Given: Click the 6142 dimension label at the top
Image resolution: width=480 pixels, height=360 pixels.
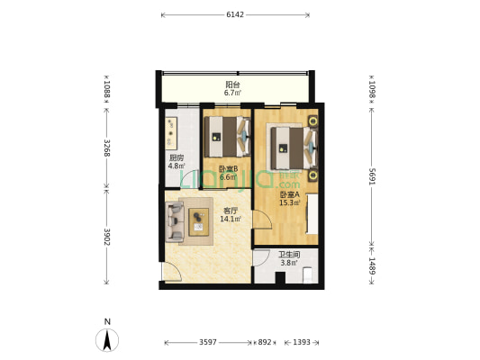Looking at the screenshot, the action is [235, 14].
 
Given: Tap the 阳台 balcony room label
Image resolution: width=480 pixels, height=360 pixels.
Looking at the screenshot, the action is [232, 84].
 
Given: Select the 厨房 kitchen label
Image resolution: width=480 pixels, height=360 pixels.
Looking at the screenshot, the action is [177, 158].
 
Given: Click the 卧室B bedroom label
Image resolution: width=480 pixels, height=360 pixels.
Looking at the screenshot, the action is [228, 169].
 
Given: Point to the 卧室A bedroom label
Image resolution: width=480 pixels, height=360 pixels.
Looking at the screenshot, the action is [289, 194].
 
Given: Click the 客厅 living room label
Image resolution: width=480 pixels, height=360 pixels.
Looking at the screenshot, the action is [231, 211].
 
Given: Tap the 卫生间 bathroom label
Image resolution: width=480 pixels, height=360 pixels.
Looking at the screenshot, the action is [289, 255].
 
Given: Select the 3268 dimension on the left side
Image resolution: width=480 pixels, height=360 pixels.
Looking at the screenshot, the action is [107, 148].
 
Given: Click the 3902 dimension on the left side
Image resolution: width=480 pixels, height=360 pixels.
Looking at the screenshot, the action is [107, 237].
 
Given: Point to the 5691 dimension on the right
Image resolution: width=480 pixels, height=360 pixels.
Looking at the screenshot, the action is [372, 176].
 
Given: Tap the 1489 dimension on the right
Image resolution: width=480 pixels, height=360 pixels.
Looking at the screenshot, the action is [372, 265].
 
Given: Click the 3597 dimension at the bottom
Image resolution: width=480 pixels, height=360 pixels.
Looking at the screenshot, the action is [208, 342].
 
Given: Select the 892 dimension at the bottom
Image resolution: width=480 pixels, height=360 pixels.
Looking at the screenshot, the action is [265, 342].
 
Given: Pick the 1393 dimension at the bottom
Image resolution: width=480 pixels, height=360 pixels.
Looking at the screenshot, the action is [302, 342].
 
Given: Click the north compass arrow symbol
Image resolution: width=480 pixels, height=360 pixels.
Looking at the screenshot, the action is [107, 340].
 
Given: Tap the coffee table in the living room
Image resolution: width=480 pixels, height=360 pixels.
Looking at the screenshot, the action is [198, 221].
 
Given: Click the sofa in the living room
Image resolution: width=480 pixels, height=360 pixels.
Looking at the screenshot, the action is [175, 221].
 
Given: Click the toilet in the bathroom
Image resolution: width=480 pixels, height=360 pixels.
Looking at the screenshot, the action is [307, 274].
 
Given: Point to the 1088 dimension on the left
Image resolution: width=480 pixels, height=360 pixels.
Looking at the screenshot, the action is [107, 89].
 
